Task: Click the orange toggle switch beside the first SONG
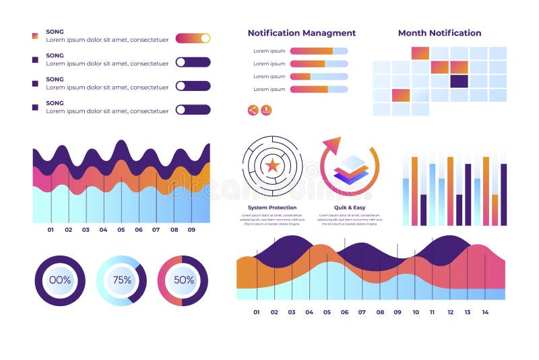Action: (x=193, y=38)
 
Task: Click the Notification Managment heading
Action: (x=301, y=33)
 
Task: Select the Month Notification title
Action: (x=439, y=33)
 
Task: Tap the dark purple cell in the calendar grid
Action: (x=459, y=81)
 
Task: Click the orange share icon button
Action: (x=253, y=110)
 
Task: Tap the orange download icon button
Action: (x=266, y=110)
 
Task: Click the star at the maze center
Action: (x=272, y=165)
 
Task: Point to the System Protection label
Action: (x=272, y=208)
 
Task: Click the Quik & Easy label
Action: (x=350, y=208)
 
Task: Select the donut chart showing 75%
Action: (x=121, y=280)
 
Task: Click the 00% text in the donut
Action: (x=60, y=280)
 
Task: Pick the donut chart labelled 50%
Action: (x=183, y=280)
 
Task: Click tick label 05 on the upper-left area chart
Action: (x=121, y=230)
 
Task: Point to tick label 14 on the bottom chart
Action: (x=485, y=312)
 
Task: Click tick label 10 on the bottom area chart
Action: (x=415, y=312)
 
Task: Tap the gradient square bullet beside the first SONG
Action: (x=35, y=36)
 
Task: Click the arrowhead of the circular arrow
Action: (x=332, y=145)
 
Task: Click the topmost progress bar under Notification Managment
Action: (x=319, y=51)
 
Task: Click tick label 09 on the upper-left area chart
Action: (x=191, y=230)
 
